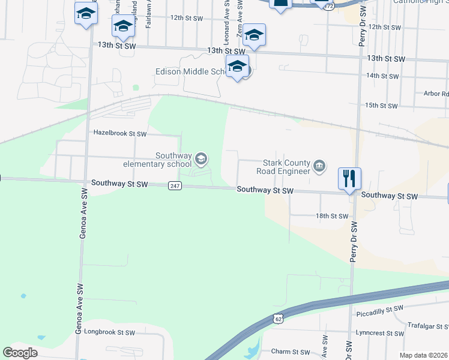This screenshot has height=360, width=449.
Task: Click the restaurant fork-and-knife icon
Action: tap(349, 178)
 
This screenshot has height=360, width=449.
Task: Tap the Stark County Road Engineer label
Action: tap(287, 166)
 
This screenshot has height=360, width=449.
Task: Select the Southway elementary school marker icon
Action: tap(201, 159)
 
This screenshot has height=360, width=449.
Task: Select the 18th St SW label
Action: tap(331, 216)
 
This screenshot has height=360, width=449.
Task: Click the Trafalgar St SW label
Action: tap(427, 326)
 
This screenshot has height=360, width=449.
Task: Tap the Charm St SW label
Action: tap(291, 352)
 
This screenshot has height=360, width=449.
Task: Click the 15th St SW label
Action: tap(382, 106)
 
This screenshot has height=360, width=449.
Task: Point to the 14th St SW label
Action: tap(382, 76)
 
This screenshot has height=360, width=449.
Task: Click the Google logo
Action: tap(20, 353)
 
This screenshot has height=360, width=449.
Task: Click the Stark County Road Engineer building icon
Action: tap(319, 166)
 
